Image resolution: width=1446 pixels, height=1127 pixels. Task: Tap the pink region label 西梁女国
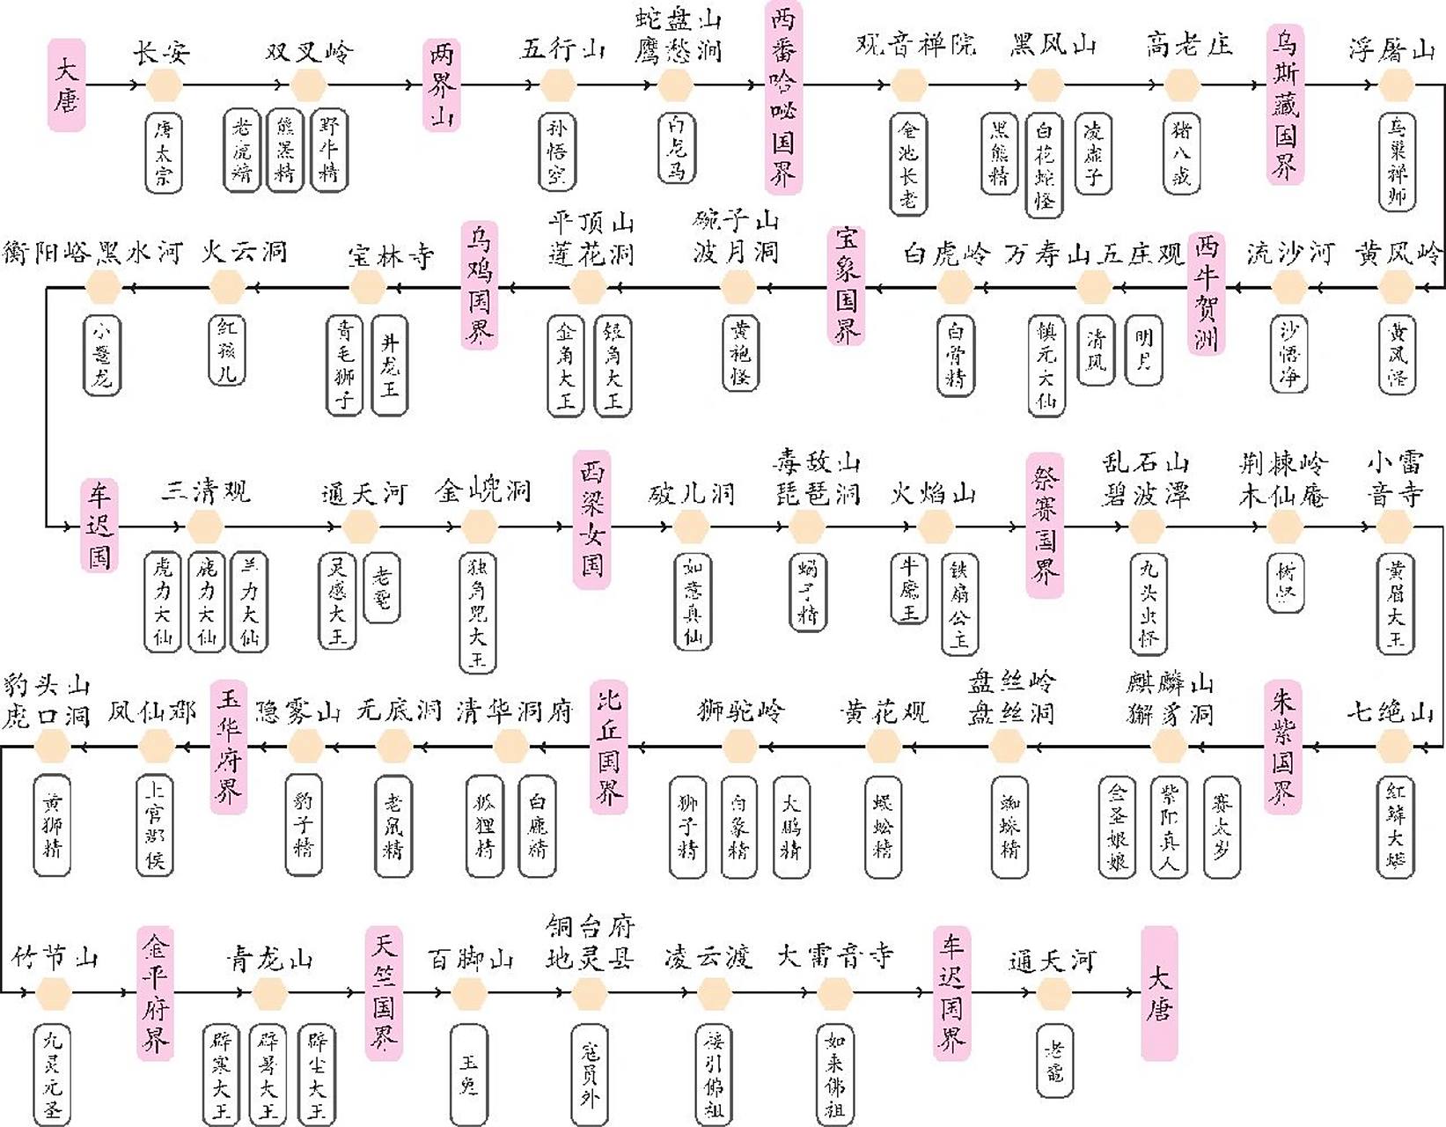pos(591,519)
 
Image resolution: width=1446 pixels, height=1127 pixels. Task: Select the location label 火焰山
pos(933,493)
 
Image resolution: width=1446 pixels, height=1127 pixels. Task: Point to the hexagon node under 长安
pos(164,85)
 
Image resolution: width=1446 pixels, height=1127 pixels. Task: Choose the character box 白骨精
pos(955,356)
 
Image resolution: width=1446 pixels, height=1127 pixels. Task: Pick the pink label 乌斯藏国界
pos(1285,104)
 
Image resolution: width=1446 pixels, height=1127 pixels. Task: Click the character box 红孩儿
pos(227,350)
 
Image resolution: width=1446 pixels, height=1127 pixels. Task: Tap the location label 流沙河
pos(1289,254)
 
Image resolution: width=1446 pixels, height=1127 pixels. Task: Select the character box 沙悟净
pos(1288,354)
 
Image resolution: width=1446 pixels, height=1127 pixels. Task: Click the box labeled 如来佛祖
pos(833,1074)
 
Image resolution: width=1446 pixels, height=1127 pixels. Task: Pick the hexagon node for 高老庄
pos(1182,85)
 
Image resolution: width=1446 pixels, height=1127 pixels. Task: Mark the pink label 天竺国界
pos(384,993)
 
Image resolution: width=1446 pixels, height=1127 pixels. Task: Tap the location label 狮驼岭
pos(739,710)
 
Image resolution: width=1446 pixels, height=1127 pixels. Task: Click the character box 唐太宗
pos(164,153)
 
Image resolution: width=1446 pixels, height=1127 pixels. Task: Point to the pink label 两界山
pos(441,85)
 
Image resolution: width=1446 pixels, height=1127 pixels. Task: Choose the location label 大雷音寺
pos(834,956)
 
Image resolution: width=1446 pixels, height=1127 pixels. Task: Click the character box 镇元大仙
pos(1046,365)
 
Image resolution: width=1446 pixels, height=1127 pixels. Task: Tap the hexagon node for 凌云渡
pos(713,994)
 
